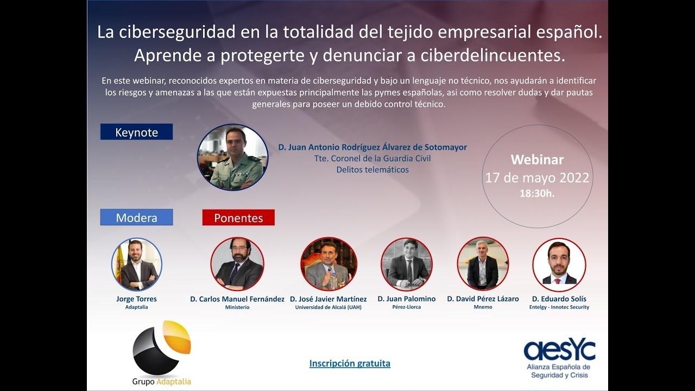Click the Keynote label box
click(136, 132)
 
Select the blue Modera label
click(136, 218)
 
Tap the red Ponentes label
click(238, 218)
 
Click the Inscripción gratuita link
click(350, 363)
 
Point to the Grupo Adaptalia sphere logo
click(161, 348)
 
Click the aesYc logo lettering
click(559, 350)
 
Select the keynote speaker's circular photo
click(232, 157)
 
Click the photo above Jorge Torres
click(137, 264)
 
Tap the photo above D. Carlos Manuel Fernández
click(237, 264)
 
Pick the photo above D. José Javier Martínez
click(328, 264)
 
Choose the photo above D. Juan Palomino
click(407, 264)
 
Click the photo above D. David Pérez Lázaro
click(483, 264)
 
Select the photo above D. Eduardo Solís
click(559, 264)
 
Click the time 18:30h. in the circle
click(537, 193)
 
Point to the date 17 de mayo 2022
click(537, 178)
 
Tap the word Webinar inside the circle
click(537, 160)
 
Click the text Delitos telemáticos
click(372, 169)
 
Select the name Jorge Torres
click(136, 299)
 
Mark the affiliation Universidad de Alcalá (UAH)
click(328, 307)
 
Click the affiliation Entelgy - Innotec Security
click(559, 307)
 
